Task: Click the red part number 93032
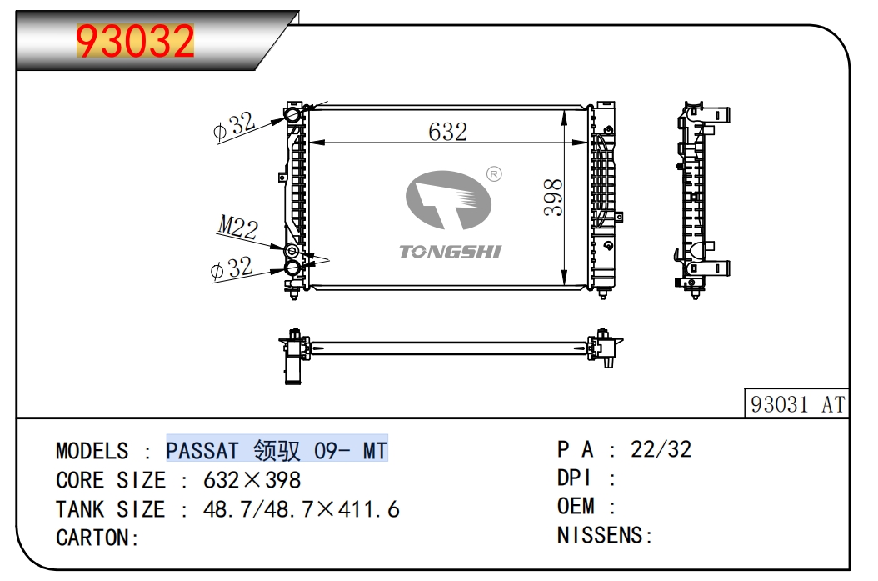point(136,41)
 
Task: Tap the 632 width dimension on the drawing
point(447,132)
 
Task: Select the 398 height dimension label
point(553,198)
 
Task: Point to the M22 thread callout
point(237,226)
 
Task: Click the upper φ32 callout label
point(232,127)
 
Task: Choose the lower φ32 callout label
point(232,268)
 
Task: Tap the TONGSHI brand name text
point(450,251)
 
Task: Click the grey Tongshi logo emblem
point(447,200)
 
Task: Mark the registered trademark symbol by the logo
point(492,174)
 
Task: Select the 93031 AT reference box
point(797,404)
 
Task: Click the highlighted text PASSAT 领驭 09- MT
point(277,451)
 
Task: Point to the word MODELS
point(92,451)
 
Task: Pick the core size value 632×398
point(252,480)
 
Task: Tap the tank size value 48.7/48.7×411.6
point(302,508)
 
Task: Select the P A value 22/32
point(661,450)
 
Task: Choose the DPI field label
point(574,478)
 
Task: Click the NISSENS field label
point(600,535)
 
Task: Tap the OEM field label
point(576,507)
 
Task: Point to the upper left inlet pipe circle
point(292,115)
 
